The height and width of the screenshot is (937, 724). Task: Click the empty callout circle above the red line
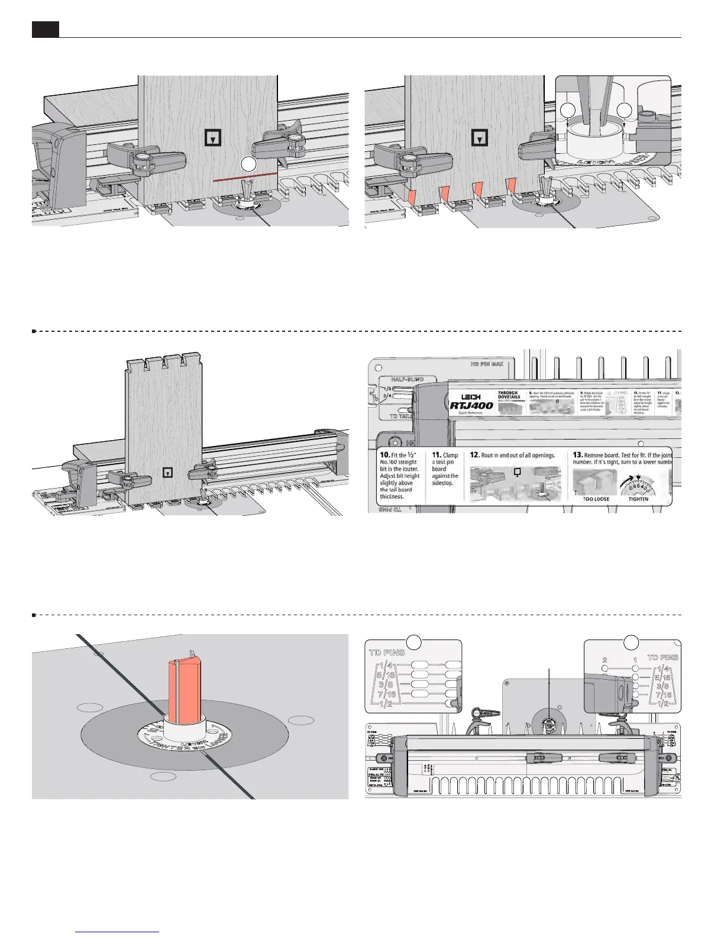click(x=249, y=164)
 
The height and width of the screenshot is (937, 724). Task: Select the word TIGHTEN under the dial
click(x=639, y=499)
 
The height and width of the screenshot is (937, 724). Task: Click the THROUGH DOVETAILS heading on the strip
click(x=508, y=395)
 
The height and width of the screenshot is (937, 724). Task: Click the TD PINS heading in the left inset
click(x=387, y=652)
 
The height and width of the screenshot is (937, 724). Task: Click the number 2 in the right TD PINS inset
click(x=605, y=660)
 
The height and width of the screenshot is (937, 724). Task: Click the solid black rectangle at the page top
click(x=46, y=29)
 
